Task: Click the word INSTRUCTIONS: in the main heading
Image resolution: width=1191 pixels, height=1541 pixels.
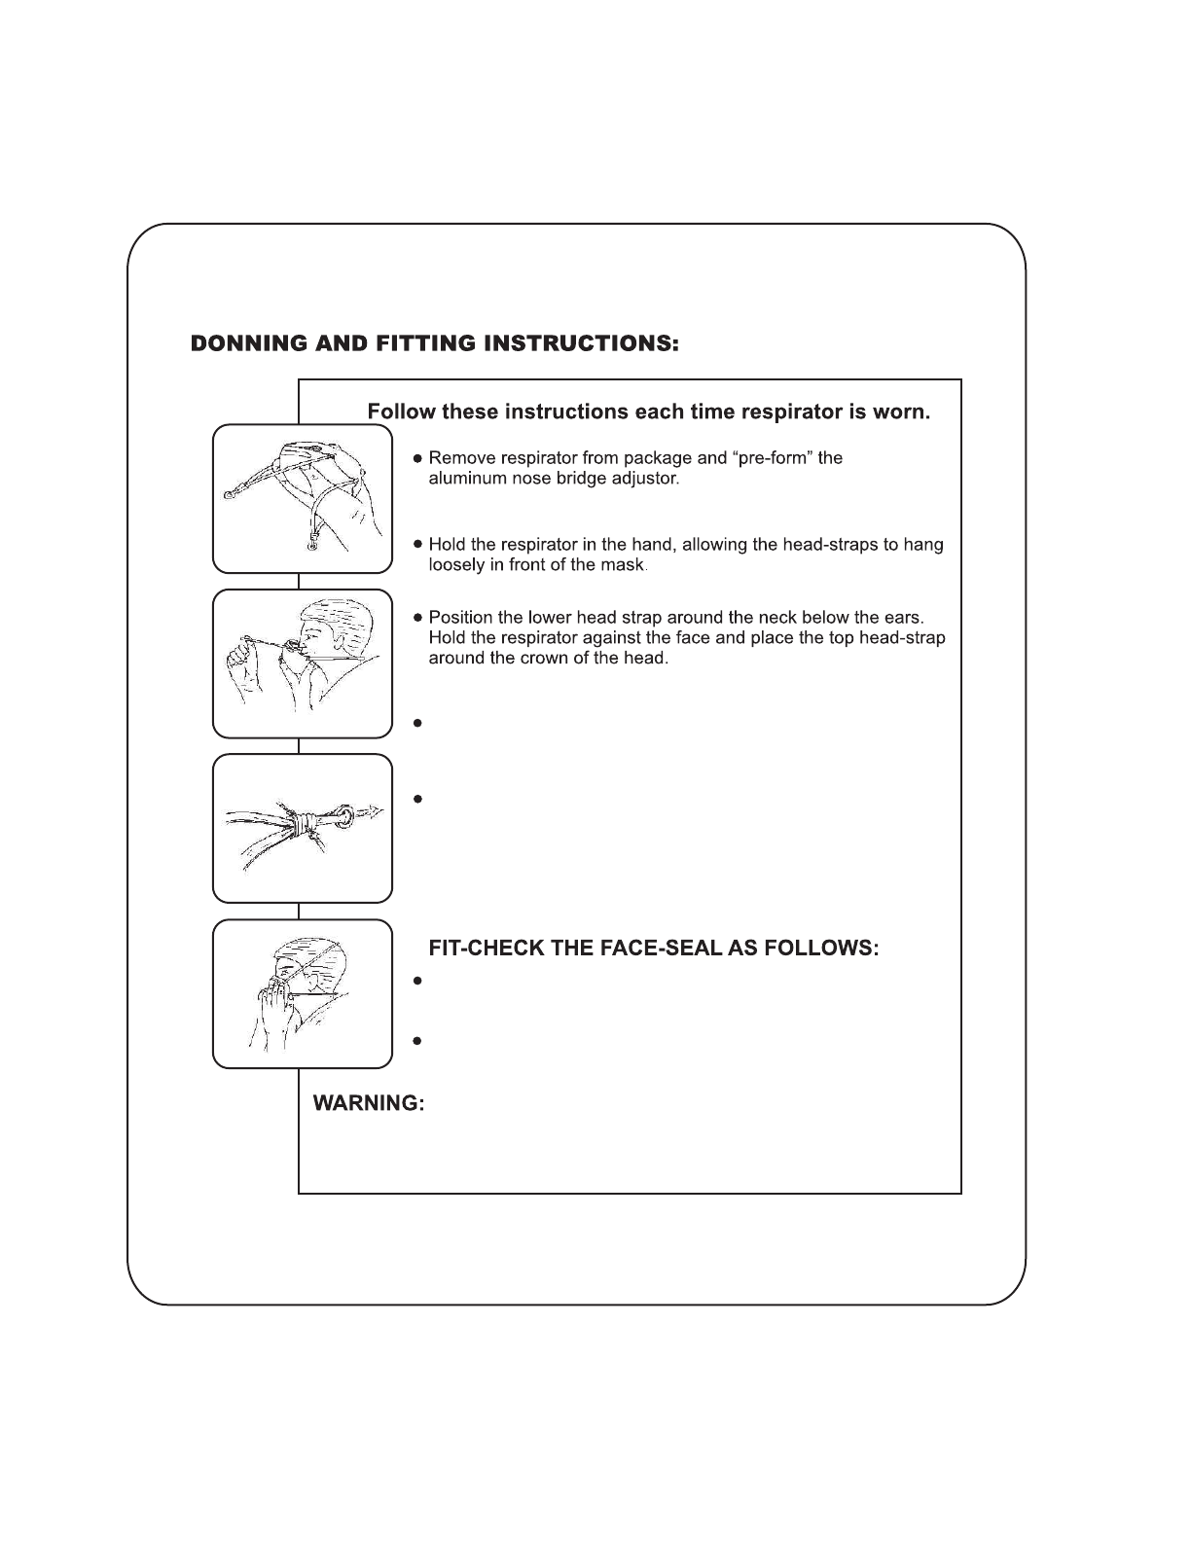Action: click(x=581, y=344)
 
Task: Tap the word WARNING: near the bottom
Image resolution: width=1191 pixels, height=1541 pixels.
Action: click(x=369, y=1103)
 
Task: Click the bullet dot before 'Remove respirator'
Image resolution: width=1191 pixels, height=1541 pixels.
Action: click(x=417, y=459)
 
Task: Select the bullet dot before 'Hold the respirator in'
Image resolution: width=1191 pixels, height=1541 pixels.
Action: click(x=417, y=545)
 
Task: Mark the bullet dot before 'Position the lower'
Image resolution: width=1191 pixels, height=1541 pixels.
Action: click(x=417, y=618)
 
